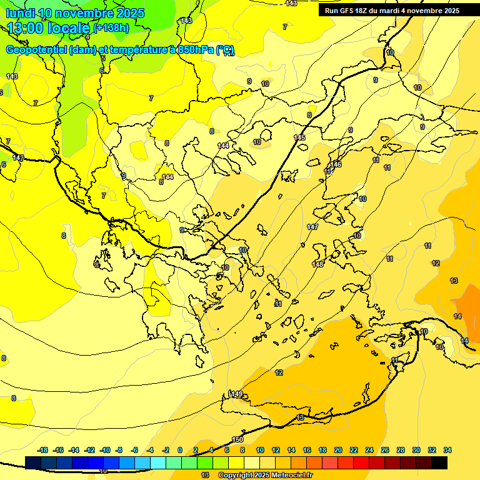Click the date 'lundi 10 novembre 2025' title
tap(75, 12)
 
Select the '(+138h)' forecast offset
tap(111, 27)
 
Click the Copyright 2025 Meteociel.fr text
tap(265, 475)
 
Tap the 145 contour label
tap(300, 137)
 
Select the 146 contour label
tap(336, 164)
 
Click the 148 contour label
tap(317, 264)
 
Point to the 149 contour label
tap(237, 394)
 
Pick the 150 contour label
tap(237, 440)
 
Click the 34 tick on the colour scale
tap(447, 450)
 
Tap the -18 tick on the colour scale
tap(43, 450)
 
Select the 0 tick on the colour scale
tap(180, 450)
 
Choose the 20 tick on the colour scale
tap(338, 450)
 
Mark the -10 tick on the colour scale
tap(105, 450)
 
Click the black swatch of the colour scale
tap(439, 462)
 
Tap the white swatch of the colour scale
tap(252, 462)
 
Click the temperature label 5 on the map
tap(103, 58)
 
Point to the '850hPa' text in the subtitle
tap(194, 50)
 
